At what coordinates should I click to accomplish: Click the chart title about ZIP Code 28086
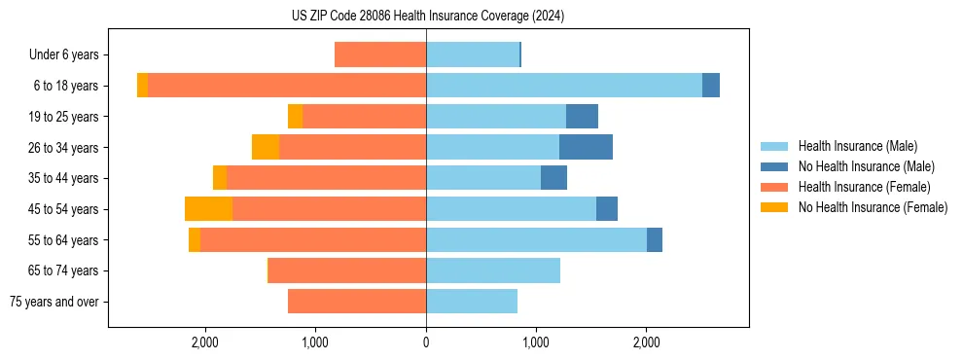pos(427,16)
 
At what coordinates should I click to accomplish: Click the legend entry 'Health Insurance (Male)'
pos(857,147)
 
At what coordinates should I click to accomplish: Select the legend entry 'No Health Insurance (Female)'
pos(873,207)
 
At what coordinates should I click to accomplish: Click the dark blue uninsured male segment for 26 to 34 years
pos(586,147)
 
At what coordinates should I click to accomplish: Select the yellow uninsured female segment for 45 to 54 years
pos(208,209)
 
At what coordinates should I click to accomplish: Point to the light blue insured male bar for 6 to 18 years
pos(564,86)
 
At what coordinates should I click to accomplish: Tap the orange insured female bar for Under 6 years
pos(380,55)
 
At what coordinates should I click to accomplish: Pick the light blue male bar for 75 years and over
pos(472,302)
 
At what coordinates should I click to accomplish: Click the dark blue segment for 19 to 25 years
pos(582,117)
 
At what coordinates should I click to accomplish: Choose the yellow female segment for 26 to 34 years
pos(266,147)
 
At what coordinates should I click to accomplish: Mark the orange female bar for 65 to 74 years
pos(347,270)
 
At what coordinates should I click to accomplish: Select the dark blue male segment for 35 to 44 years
pos(553,178)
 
